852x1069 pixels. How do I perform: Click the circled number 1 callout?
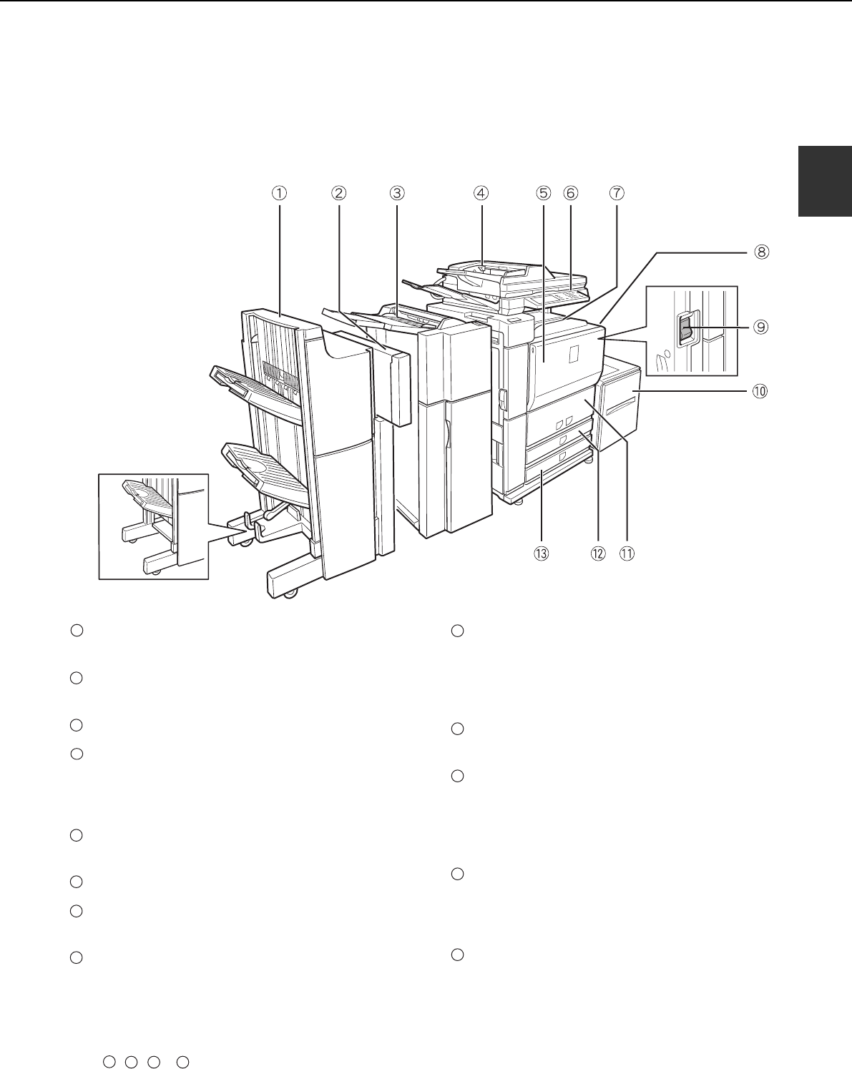pyautogui.click(x=280, y=193)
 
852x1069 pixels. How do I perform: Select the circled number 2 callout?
pyautogui.click(x=339, y=193)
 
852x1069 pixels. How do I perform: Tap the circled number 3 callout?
pyautogui.click(x=397, y=193)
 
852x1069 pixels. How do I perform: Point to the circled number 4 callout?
pyautogui.click(x=481, y=193)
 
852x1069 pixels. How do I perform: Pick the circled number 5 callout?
pyautogui.click(x=543, y=193)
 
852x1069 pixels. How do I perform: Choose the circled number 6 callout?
pyautogui.click(x=571, y=193)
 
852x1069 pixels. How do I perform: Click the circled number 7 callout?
pyautogui.click(x=617, y=193)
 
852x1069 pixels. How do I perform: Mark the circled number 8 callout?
pyautogui.click(x=761, y=252)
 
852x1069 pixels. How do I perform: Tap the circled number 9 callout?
pyautogui.click(x=760, y=327)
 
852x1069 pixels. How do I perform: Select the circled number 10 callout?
pyautogui.click(x=760, y=391)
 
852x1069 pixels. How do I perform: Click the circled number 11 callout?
pyautogui.click(x=627, y=553)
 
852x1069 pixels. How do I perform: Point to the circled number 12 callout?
pyautogui.click(x=598, y=553)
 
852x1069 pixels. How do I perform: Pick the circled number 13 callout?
pyautogui.click(x=542, y=553)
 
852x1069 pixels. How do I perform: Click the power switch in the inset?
pyautogui.click(x=685, y=328)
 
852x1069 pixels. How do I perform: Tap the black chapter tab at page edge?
pyautogui.click(x=825, y=182)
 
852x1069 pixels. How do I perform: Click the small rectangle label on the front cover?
pyautogui.click(x=573, y=354)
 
